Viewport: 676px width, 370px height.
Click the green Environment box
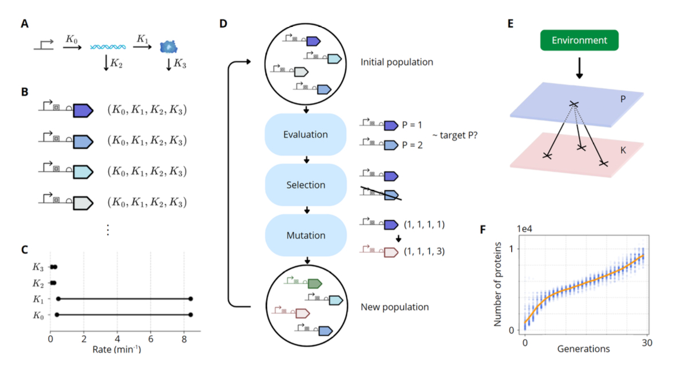click(x=579, y=41)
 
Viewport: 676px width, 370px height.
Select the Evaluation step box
click(x=305, y=135)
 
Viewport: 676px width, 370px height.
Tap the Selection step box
click(x=305, y=185)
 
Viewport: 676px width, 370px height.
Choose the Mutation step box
click(x=305, y=235)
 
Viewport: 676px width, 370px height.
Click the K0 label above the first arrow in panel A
click(x=72, y=39)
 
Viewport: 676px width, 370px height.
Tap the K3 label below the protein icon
click(x=180, y=64)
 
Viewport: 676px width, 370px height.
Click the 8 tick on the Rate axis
click(x=184, y=337)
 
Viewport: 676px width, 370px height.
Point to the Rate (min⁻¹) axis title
click(x=117, y=347)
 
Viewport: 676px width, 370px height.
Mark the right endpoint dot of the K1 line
click(x=191, y=299)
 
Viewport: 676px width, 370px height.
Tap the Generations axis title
click(x=584, y=348)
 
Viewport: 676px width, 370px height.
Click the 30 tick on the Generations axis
click(x=646, y=343)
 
